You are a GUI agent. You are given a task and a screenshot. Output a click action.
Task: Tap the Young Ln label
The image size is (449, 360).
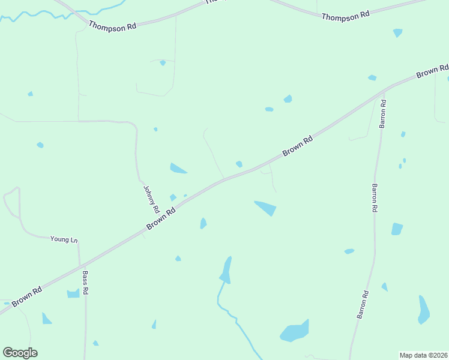point(64,239)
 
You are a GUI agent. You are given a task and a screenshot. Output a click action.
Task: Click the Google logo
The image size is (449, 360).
point(20,353)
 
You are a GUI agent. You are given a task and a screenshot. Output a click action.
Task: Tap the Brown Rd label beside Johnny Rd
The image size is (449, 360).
point(161,220)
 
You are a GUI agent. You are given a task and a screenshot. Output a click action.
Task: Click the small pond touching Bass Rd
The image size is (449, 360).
point(73,293)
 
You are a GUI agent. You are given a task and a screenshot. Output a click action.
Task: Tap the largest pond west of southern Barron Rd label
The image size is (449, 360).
point(294,331)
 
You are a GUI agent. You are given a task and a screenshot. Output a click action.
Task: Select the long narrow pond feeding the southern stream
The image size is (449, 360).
point(226,269)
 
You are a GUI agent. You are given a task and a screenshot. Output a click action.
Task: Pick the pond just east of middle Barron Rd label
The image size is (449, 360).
point(397,229)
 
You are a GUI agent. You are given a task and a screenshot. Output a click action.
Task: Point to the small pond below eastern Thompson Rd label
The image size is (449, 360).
point(397,32)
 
